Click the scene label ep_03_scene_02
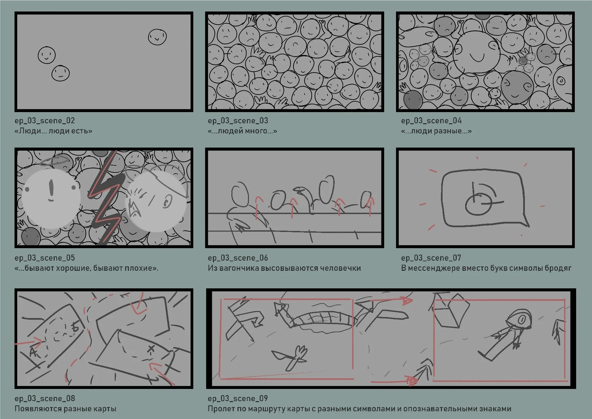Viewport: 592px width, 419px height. coord(45,121)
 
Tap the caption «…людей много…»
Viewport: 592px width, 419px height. coord(242,131)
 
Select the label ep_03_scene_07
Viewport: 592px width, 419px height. coord(431,258)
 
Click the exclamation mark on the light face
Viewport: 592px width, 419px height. coord(51,189)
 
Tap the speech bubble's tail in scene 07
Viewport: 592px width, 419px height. coord(524,221)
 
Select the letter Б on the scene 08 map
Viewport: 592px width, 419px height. coord(75,326)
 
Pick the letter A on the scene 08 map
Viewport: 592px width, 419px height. coord(33,352)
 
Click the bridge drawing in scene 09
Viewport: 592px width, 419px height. coord(322,321)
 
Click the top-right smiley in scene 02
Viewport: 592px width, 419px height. coord(157,37)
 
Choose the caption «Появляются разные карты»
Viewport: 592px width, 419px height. coord(65,409)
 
